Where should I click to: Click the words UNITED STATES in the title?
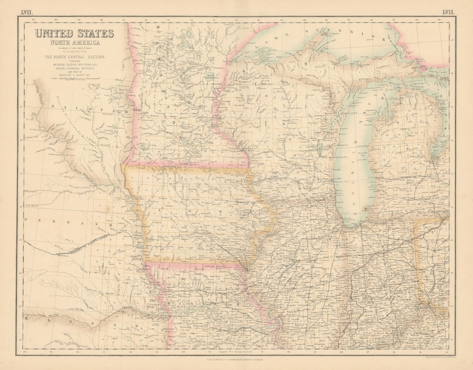coord(74,34)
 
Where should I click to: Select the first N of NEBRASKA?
coord(26,220)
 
